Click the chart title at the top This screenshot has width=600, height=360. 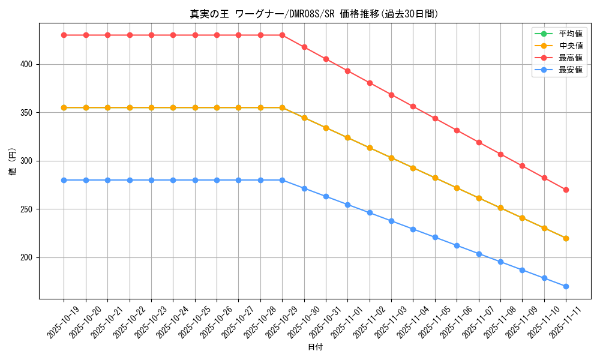[x=314, y=14]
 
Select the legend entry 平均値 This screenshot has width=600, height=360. [x=571, y=34]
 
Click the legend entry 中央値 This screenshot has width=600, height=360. [x=571, y=46]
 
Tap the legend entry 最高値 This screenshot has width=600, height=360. [x=571, y=58]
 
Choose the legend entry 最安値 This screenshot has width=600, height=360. [x=571, y=70]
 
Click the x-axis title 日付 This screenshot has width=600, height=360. [x=315, y=347]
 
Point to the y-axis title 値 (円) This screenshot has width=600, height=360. [x=12, y=161]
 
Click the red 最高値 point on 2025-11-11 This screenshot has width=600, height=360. [x=566, y=190]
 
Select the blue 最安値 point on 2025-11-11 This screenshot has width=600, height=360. [x=566, y=286]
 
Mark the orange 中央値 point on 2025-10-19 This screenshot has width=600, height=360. [x=64, y=107]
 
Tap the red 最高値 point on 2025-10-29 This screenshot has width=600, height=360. [x=282, y=35]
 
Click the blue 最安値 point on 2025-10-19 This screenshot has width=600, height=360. [x=64, y=180]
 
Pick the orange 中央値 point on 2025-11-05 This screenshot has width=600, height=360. [x=435, y=178]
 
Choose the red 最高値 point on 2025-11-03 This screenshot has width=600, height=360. [x=391, y=95]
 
